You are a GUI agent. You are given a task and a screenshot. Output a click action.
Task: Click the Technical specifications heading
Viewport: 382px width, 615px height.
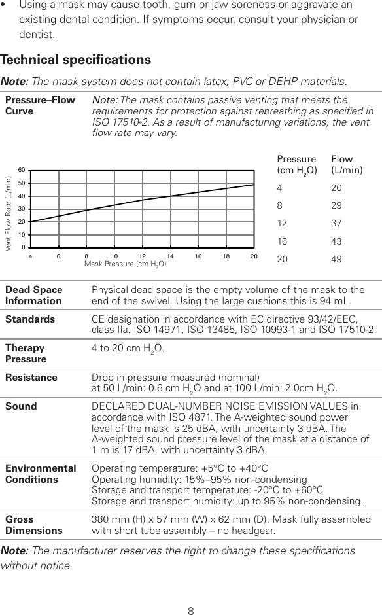pyautogui.click(x=76, y=60)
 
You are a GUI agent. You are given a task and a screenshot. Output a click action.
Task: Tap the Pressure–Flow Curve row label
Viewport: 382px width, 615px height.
pyautogui.click(x=40, y=105)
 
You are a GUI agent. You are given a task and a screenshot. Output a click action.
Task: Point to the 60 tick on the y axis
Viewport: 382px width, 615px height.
pyautogui.click(x=22, y=171)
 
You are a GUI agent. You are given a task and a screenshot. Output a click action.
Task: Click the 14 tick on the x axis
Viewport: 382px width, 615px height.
pyautogui.click(x=170, y=256)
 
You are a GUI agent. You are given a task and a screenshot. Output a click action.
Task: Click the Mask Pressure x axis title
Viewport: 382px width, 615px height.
pyautogui.click(x=125, y=264)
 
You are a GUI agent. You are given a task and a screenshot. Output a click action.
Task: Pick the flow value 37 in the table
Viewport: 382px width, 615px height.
pyautogui.click(x=338, y=224)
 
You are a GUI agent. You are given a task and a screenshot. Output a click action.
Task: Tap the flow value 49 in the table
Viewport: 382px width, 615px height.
pyautogui.click(x=338, y=259)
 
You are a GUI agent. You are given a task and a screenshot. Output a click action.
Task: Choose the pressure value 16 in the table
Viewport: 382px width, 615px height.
pyautogui.click(x=283, y=241)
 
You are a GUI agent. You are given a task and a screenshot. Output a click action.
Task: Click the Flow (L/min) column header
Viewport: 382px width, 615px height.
pyautogui.click(x=347, y=164)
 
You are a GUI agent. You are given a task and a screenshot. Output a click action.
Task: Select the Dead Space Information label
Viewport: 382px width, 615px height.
pyautogui.click(x=34, y=295)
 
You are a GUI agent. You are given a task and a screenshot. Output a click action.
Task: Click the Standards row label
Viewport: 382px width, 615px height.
pyautogui.click(x=30, y=319)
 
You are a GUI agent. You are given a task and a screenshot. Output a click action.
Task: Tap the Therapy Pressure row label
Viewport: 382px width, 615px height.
pyautogui.click(x=26, y=353)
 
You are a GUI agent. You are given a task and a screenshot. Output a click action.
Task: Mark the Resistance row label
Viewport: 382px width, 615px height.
pyautogui.click(x=31, y=378)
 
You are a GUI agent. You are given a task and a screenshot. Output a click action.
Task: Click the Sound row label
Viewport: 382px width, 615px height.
pyautogui.click(x=21, y=406)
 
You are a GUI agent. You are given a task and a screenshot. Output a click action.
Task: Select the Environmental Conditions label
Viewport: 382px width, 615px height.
pyautogui.click(x=41, y=474)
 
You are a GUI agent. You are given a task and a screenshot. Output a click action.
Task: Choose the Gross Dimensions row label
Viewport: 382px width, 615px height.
pyautogui.click(x=34, y=524)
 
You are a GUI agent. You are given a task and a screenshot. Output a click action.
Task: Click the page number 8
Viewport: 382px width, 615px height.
pyautogui.click(x=191, y=594)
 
